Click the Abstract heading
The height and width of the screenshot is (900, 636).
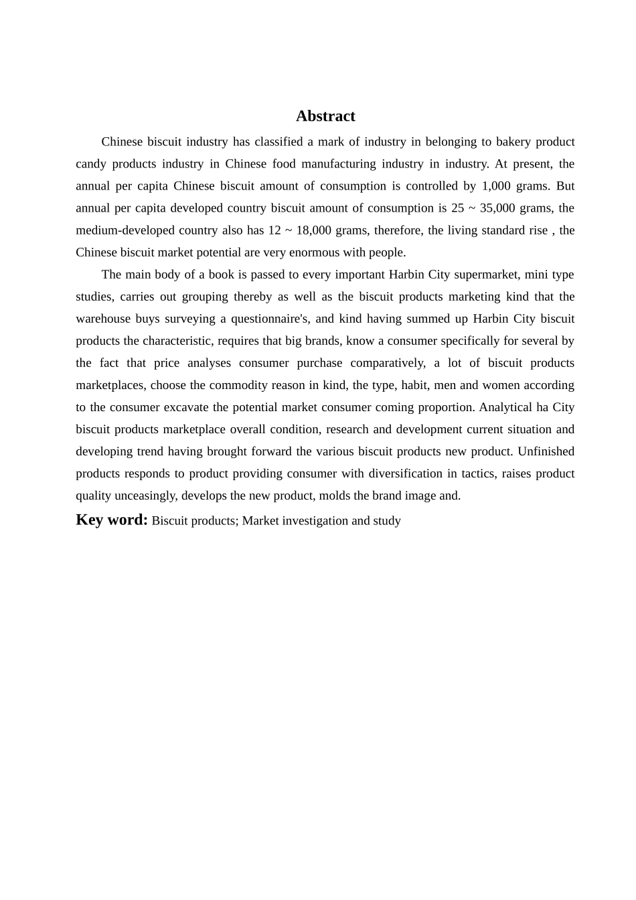325,116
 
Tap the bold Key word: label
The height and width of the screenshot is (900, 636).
111,520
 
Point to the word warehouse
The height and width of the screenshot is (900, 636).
104,318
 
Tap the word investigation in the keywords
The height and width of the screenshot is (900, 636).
316,520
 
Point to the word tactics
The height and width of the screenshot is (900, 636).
478,473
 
